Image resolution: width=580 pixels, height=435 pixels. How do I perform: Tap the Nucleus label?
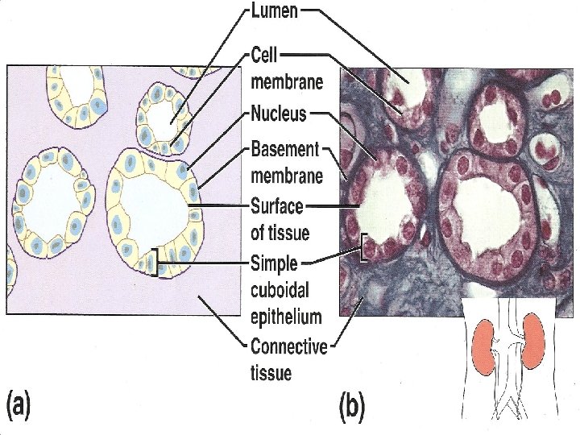point(279,114)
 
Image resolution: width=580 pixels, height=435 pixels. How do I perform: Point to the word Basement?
point(285,151)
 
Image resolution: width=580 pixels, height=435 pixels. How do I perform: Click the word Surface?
point(277,206)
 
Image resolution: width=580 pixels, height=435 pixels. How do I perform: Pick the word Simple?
point(275,263)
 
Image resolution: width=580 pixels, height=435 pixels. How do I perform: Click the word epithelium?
point(286,317)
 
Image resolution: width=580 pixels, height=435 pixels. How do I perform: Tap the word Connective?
point(289,348)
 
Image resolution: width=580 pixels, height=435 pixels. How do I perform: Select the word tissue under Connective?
point(271,373)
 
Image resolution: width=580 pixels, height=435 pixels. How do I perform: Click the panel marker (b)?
point(352,407)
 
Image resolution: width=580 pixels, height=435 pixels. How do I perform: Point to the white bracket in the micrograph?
point(365,247)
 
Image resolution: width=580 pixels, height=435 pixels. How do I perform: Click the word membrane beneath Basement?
point(287,175)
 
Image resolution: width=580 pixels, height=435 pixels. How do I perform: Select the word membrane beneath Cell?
point(287,81)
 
